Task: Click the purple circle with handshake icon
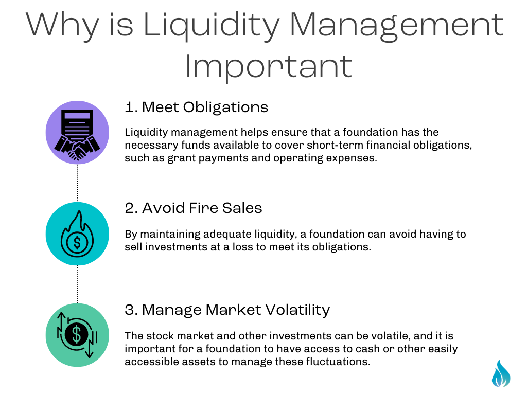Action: [77, 132]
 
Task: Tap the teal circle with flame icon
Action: [77, 234]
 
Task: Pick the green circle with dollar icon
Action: [77, 335]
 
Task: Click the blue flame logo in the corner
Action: [501, 373]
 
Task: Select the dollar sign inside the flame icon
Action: [77, 242]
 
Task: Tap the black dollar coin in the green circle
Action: [77, 334]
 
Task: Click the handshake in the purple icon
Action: [77, 148]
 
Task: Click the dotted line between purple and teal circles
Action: [77, 183]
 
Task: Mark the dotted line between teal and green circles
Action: [77, 284]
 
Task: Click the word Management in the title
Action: [396, 27]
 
